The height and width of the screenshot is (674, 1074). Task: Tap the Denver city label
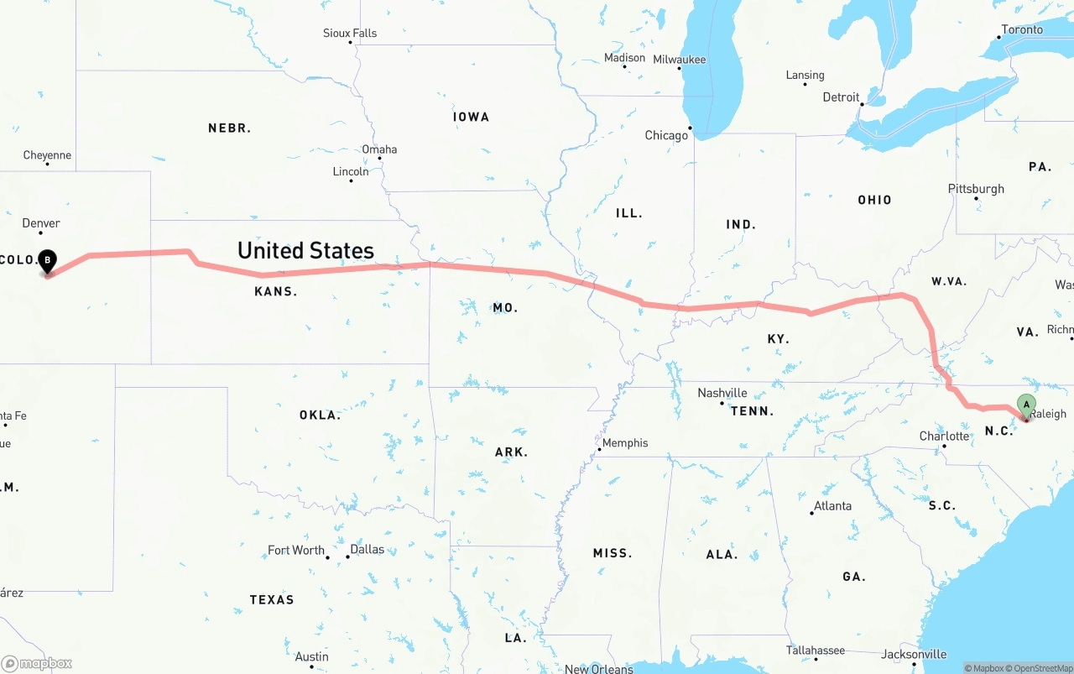pos(41,223)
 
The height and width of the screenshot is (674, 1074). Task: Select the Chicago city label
pos(666,135)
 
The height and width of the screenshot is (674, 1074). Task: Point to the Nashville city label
pos(722,393)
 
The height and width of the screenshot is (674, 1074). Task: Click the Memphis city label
pos(625,443)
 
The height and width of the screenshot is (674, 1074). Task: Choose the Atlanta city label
pos(832,506)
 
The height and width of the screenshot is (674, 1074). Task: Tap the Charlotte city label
pos(944,436)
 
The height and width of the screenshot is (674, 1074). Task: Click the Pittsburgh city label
pos(976,189)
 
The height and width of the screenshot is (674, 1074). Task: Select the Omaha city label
pos(379,149)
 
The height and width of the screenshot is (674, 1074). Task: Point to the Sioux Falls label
pos(350,34)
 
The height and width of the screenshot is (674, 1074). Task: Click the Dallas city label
pos(367,550)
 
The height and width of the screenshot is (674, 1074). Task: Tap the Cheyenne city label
pos(47,155)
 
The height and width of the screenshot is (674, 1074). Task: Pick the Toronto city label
pos(1021,29)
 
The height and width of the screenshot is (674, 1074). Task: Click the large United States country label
pos(305,250)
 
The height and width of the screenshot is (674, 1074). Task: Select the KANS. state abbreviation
pos(276,291)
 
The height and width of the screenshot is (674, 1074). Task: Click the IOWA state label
pos(471,117)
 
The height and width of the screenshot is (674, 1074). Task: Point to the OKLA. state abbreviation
pos(320,415)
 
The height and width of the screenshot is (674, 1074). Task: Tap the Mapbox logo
pos(37,663)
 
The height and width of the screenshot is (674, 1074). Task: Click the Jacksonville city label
pos(914,655)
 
